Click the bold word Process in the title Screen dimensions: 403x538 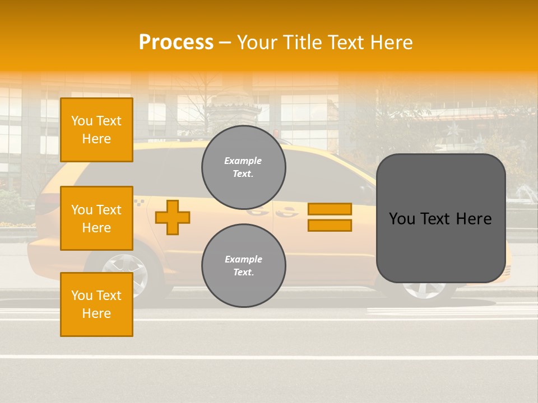(176, 43)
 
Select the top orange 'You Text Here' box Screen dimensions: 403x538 (96, 130)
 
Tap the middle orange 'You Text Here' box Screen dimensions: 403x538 (96, 218)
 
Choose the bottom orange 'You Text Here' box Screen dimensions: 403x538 (96, 304)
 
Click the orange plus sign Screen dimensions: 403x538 (173, 217)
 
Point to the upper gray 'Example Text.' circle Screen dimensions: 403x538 (244, 167)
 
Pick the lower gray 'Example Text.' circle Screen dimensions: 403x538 (244, 266)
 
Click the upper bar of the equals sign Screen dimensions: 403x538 (330, 209)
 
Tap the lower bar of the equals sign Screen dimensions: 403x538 (330, 226)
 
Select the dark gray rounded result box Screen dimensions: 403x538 (440, 218)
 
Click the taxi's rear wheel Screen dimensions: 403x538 (124, 274)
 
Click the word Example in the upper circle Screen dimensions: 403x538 (243, 161)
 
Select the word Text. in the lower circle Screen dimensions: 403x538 (243, 272)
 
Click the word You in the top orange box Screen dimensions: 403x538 (81, 121)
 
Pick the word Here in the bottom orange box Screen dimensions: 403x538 (96, 313)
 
